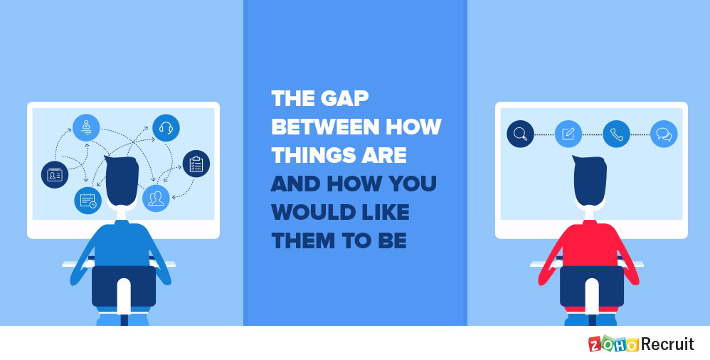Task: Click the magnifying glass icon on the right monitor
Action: (x=520, y=134)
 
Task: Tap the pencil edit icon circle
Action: (x=568, y=134)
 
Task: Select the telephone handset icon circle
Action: (x=616, y=134)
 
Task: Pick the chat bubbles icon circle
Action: (x=664, y=134)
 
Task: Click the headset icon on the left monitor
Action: (x=166, y=128)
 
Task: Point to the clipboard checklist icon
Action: (x=196, y=164)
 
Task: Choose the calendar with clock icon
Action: (x=88, y=200)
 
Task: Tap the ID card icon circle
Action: (x=55, y=175)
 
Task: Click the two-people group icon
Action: (x=157, y=198)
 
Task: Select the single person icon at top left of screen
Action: (x=86, y=128)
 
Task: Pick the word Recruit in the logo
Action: (x=667, y=344)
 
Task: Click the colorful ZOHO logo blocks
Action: (x=613, y=344)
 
